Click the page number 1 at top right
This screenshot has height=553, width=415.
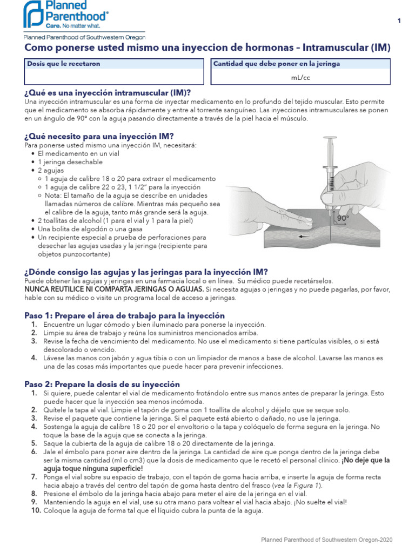coord(399,21)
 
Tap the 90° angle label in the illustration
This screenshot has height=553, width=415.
coord(343,218)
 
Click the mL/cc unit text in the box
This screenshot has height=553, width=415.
coord(300,77)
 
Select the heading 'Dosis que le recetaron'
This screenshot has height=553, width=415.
coord(64,64)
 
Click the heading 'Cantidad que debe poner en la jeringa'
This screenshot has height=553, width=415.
coord(277,64)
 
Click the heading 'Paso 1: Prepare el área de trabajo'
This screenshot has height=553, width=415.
coord(125,315)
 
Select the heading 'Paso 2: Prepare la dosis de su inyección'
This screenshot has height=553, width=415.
coord(102,385)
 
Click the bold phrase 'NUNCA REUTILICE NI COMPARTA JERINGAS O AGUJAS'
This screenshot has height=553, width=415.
coord(115,289)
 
